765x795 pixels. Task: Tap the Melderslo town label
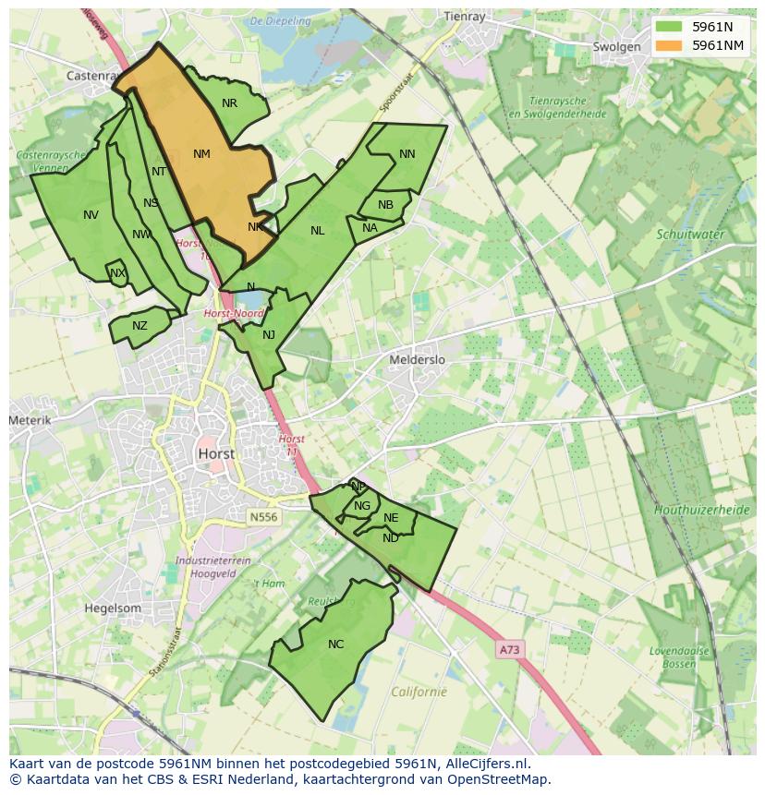(x=417, y=359)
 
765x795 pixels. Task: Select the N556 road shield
(x=262, y=518)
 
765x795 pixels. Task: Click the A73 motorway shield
(x=509, y=649)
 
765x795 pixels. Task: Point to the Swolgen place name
(x=616, y=47)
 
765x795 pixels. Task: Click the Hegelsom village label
(x=113, y=608)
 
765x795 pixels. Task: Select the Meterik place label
(x=30, y=420)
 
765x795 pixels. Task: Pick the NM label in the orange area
(x=201, y=154)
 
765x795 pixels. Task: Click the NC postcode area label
(x=335, y=644)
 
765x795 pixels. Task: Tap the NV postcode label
(x=91, y=215)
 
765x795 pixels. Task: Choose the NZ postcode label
(x=140, y=326)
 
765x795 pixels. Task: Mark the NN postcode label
(x=407, y=154)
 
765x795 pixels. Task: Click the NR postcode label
(x=229, y=103)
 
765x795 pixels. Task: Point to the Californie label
(x=419, y=692)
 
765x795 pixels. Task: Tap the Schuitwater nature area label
(x=689, y=235)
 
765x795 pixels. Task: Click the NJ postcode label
(x=269, y=335)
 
